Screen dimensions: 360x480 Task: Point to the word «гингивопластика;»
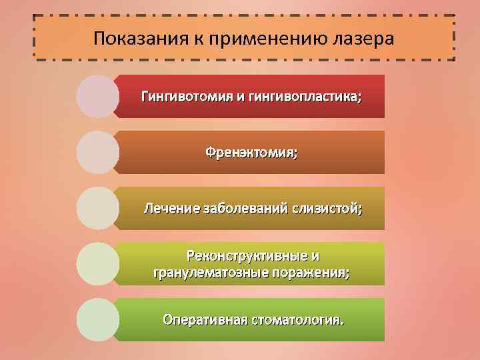304,97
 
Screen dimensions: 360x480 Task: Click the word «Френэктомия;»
251,153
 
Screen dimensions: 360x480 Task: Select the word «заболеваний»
243,209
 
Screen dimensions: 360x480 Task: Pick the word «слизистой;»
327,209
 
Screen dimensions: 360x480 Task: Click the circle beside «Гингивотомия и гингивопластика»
98,96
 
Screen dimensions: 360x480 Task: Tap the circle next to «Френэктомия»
98,152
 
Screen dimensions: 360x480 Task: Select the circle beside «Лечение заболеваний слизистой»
98,208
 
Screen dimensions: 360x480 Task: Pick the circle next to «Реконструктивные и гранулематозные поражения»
98,264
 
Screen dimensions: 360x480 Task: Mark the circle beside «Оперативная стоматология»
98,320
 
